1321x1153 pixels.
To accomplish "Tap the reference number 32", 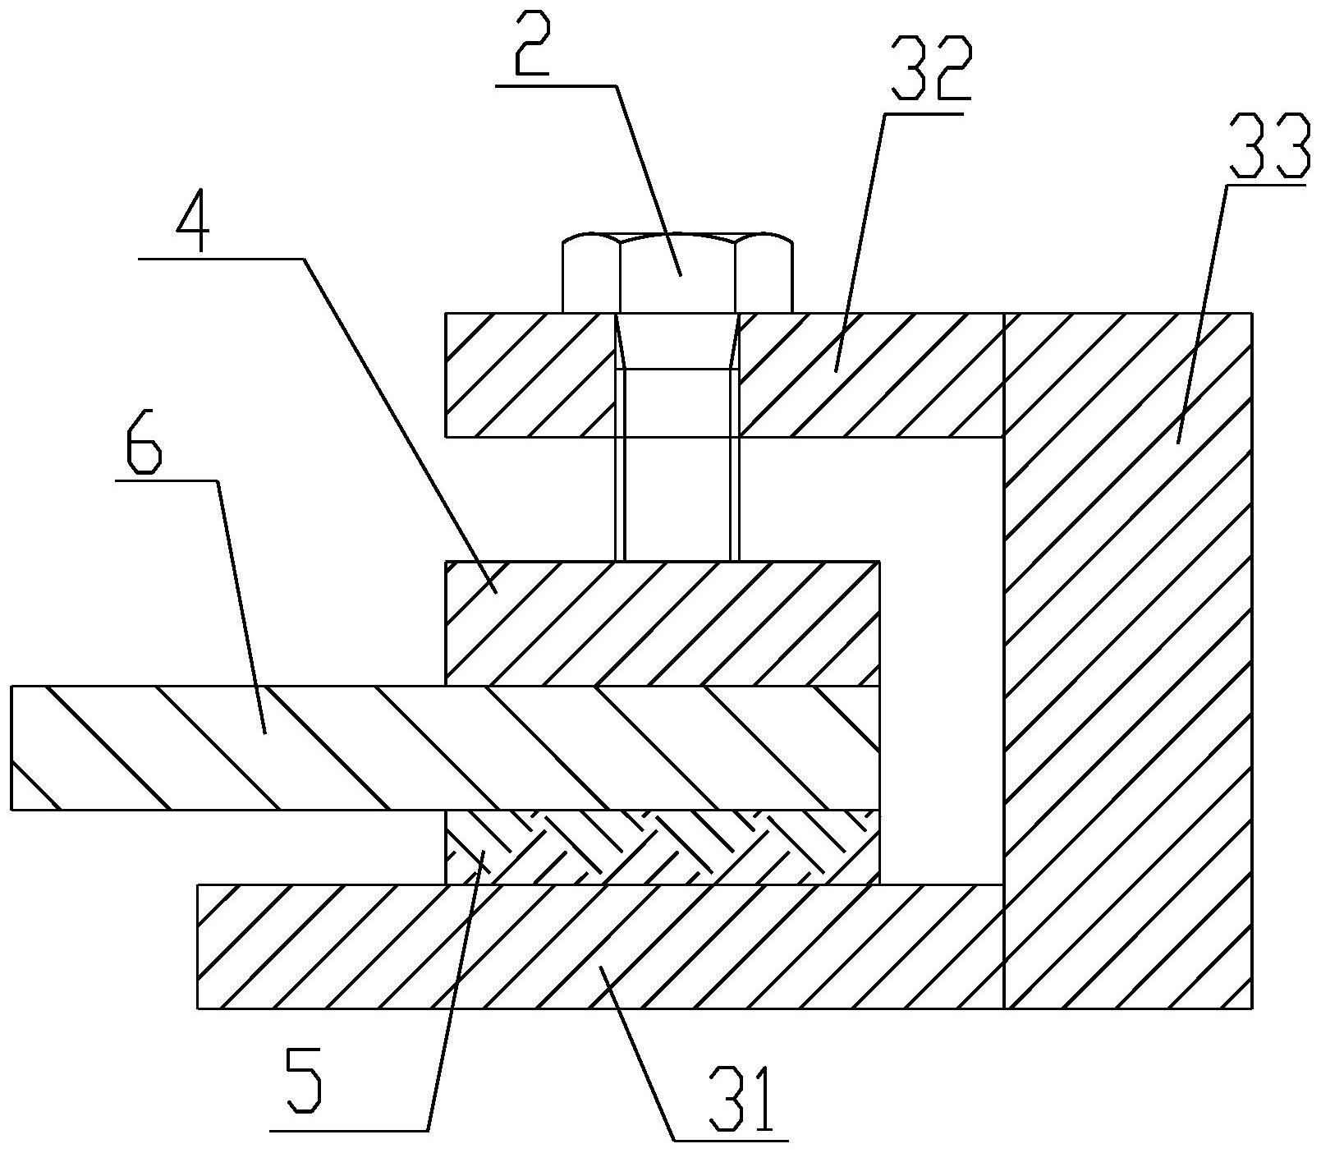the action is [x=929, y=69].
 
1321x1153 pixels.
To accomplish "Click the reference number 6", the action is [x=144, y=447].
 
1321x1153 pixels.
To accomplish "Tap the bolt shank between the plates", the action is [x=677, y=498].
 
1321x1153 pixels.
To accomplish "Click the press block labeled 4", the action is [x=662, y=623].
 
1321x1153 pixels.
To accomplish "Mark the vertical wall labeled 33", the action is [x=1128, y=660].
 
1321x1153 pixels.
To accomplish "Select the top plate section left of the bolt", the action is [x=530, y=374].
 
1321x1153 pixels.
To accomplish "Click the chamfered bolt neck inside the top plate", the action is [x=677, y=342].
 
